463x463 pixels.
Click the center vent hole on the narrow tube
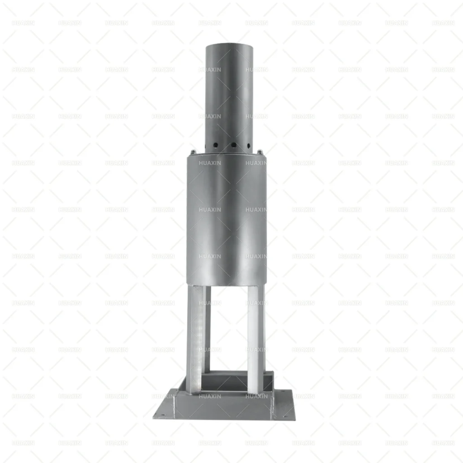coord(234,145)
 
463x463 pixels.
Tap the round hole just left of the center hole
coord(216,145)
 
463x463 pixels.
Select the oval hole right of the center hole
coord(249,145)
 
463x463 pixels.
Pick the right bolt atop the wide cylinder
coord(260,152)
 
